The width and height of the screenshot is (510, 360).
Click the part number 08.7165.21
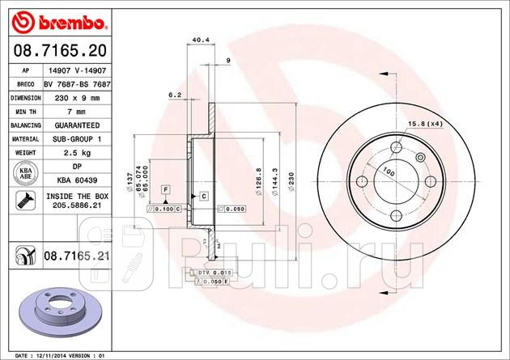(76, 255)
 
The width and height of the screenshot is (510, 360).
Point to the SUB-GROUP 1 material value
(72, 138)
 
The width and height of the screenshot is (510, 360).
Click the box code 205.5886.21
(72, 206)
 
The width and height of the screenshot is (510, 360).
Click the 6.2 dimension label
(174, 95)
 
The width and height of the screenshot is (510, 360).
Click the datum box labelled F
(164, 188)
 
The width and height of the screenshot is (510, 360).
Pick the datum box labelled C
(203, 196)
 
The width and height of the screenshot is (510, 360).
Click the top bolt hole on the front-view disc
(395, 146)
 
